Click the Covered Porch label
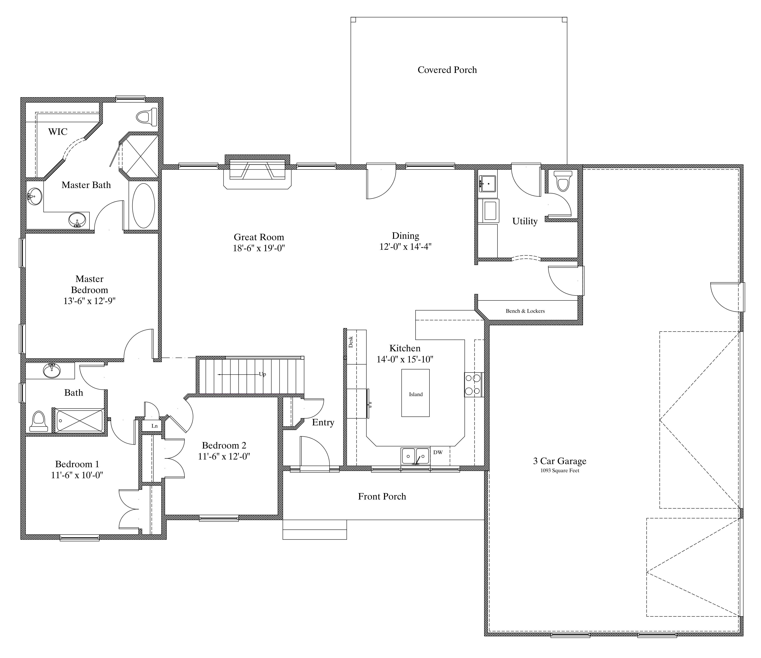(447, 70)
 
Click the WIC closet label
(58, 131)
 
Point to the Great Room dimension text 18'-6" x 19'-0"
(259, 248)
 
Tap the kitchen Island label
(416, 394)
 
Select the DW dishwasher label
(438, 452)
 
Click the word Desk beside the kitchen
(351, 342)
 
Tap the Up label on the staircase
(262, 374)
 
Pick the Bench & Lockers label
(525, 311)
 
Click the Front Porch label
(382, 496)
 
